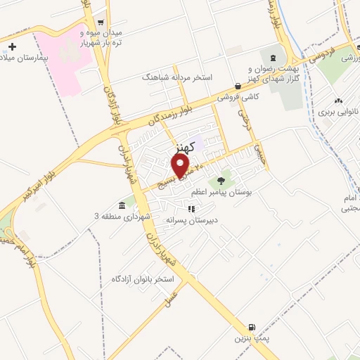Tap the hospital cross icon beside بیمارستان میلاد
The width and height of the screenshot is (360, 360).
coord(11,46)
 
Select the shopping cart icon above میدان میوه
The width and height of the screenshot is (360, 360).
coord(102,23)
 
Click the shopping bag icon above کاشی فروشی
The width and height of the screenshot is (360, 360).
coord(239,86)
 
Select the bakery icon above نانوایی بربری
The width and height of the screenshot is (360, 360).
coord(338,101)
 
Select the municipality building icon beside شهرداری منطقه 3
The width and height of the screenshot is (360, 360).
coord(122,205)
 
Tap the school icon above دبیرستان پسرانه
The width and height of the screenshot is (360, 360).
coord(191,209)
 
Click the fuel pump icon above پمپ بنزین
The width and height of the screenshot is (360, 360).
coord(252,328)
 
